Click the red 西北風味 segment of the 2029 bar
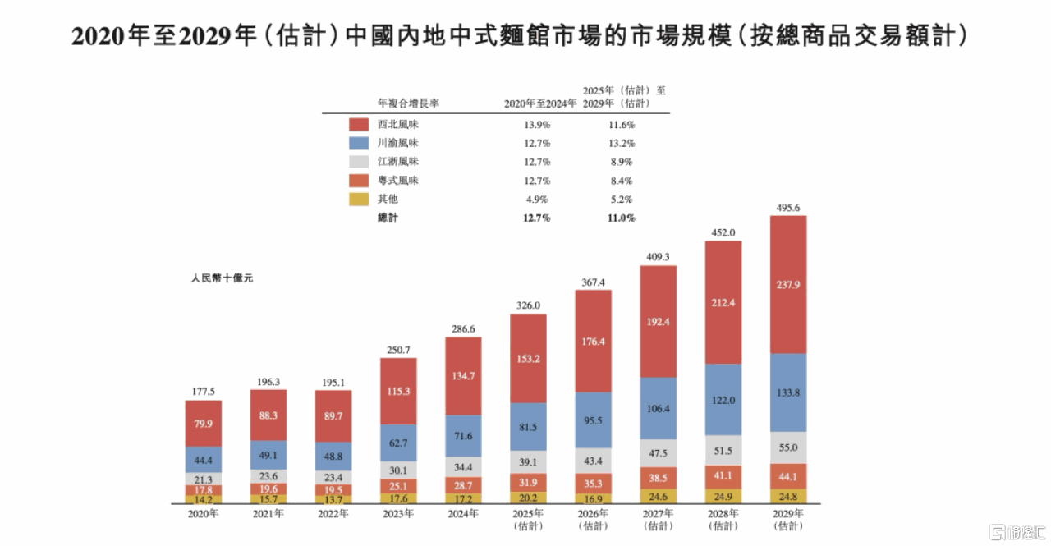[x=787, y=285]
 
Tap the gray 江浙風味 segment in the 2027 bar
[x=659, y=452]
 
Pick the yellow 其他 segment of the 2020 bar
[x=203, y=498]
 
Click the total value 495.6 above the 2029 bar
[x=787, y=207]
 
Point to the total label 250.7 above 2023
[x=398, y=350]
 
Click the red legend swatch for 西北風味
[x=359, y=125]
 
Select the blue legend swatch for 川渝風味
[x=359, y=143]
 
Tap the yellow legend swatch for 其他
[x=359, y=199]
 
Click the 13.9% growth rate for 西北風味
[x=537, y=125]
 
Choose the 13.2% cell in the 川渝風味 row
[x=621, y=143]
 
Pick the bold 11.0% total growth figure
[x=621, y=218]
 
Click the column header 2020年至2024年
[x=539, y=103]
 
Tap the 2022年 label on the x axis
[x=333, y=514]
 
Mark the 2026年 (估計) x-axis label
[x=593, y=520]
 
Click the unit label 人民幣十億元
[x=222, y=278]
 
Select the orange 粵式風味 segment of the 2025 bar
[x=528, y=482]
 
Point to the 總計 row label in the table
[x=388, y=218]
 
